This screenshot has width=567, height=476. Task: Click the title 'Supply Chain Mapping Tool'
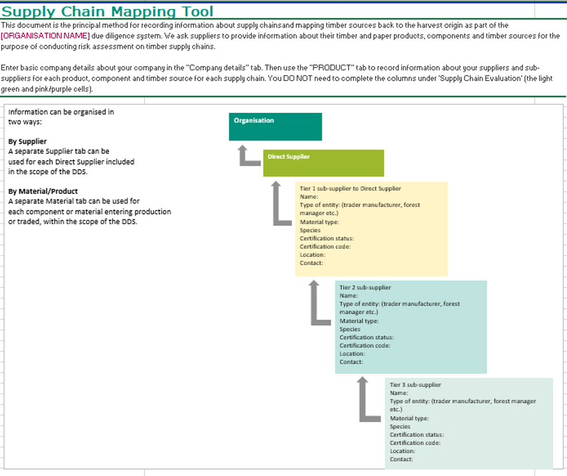[108, 11]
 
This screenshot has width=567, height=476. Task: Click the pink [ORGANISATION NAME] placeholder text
[45, 36]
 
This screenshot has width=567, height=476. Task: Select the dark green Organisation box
[275, 126]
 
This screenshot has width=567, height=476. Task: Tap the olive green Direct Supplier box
[323, 163]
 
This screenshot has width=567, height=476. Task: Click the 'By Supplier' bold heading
[27, 141]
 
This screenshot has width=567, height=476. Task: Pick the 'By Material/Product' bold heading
[43, 191]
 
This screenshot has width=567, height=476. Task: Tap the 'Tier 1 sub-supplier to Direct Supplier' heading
[350, 188]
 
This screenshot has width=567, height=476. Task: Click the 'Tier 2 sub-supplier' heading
[365, 287]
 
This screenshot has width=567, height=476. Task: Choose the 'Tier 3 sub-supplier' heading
[415, 385]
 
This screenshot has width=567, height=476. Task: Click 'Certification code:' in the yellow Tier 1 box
[325, 247]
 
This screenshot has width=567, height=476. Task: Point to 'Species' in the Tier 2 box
[350, 329]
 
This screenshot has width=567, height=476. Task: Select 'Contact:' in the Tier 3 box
[401, 459]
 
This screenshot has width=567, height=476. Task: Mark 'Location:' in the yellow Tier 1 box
[312, 255]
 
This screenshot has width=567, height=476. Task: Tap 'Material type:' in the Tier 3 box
[410, 419]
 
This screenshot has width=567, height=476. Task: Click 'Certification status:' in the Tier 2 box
[367, 338]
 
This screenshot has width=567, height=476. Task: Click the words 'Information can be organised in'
[61, 112]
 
